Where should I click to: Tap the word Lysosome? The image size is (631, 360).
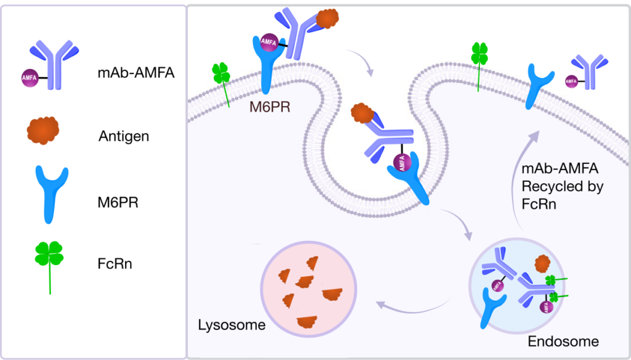231,324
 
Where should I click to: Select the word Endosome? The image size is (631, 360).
563,341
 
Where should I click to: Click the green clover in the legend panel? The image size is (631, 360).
50,256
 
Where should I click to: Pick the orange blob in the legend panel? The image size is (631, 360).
43,131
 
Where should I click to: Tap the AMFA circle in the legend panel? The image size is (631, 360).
29,77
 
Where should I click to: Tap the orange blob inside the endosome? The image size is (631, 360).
542,263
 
